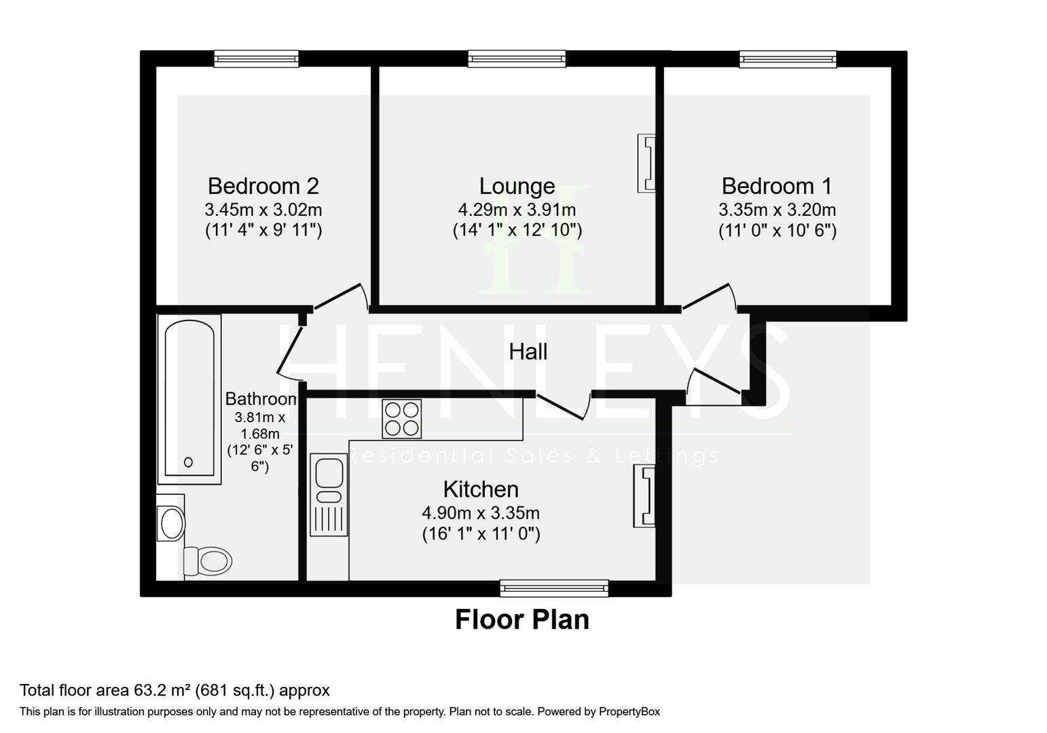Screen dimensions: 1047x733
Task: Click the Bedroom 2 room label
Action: pos(263,186)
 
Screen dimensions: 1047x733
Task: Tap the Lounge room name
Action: pos(517,187)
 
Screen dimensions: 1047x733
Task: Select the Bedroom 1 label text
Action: pos(777,186)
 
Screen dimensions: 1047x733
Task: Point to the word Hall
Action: pos(528,352)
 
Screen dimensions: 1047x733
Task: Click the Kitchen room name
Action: pos(481,489)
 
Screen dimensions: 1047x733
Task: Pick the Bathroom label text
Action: pos(261,399)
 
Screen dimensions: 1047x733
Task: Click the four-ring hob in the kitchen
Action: pos(401,419)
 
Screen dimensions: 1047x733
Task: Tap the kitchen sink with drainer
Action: pos(329,495)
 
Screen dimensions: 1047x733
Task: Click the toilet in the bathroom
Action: pos(208,561)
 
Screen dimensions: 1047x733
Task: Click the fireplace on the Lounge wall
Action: pos(646,163)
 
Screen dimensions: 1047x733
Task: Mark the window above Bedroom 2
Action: pos(257,59)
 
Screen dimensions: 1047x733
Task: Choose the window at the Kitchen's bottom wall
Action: pos(554,588)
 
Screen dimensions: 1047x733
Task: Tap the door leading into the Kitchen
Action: pos(564,405)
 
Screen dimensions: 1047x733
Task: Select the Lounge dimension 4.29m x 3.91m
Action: pos(517,210)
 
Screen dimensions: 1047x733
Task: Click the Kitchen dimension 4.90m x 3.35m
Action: pos(481,513)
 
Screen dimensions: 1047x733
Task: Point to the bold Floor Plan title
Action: pos(522,620)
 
